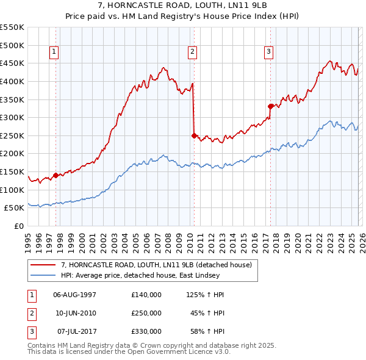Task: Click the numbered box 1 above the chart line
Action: [55, 52]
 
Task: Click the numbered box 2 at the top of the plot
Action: [192, 52]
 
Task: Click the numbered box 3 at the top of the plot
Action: [268, 52]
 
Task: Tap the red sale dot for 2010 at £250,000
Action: [194, 135]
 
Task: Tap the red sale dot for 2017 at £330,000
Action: [270, 106]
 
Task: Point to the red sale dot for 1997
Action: [56, 175]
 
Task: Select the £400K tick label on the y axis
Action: [12, 81]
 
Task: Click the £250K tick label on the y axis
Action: [12, 135]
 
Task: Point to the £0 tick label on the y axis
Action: [18, 226]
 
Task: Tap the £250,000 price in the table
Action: [146, 313]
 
